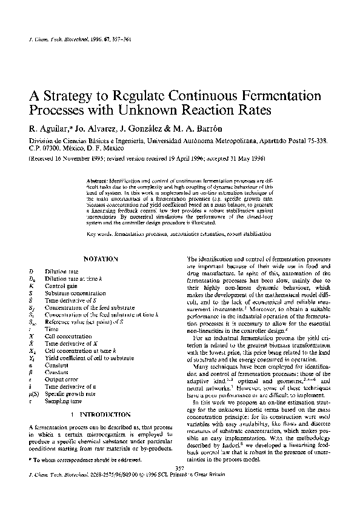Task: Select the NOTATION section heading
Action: [x=100, y=258]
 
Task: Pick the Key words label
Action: [x=99, y=233]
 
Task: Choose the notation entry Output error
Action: [x=61, y=377]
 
